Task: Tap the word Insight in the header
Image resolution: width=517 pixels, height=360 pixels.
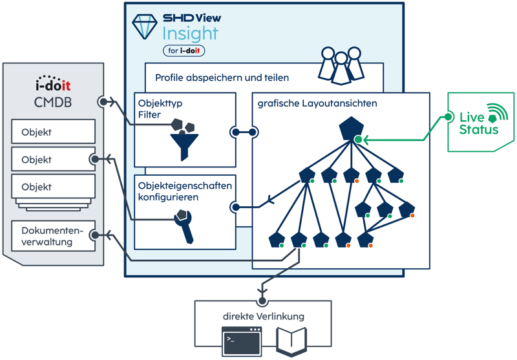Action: [x=190, y=34]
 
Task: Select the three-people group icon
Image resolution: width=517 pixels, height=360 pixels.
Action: [x=341, y=63]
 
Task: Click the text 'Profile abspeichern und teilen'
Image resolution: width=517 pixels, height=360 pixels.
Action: [x=222, y=78]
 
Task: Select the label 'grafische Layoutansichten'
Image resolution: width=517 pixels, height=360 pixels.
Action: [x=317, y=103]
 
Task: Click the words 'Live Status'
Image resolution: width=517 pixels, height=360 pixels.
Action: [x=478, y=123]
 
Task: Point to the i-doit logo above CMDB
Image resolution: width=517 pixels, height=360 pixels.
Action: [x=53, y=87]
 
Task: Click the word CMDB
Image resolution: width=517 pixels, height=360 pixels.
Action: [x=52, y=104]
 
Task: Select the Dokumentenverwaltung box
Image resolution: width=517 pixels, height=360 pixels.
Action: [x=54, y=236]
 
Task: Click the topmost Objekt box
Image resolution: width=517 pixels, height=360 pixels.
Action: [x=54, y=132]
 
